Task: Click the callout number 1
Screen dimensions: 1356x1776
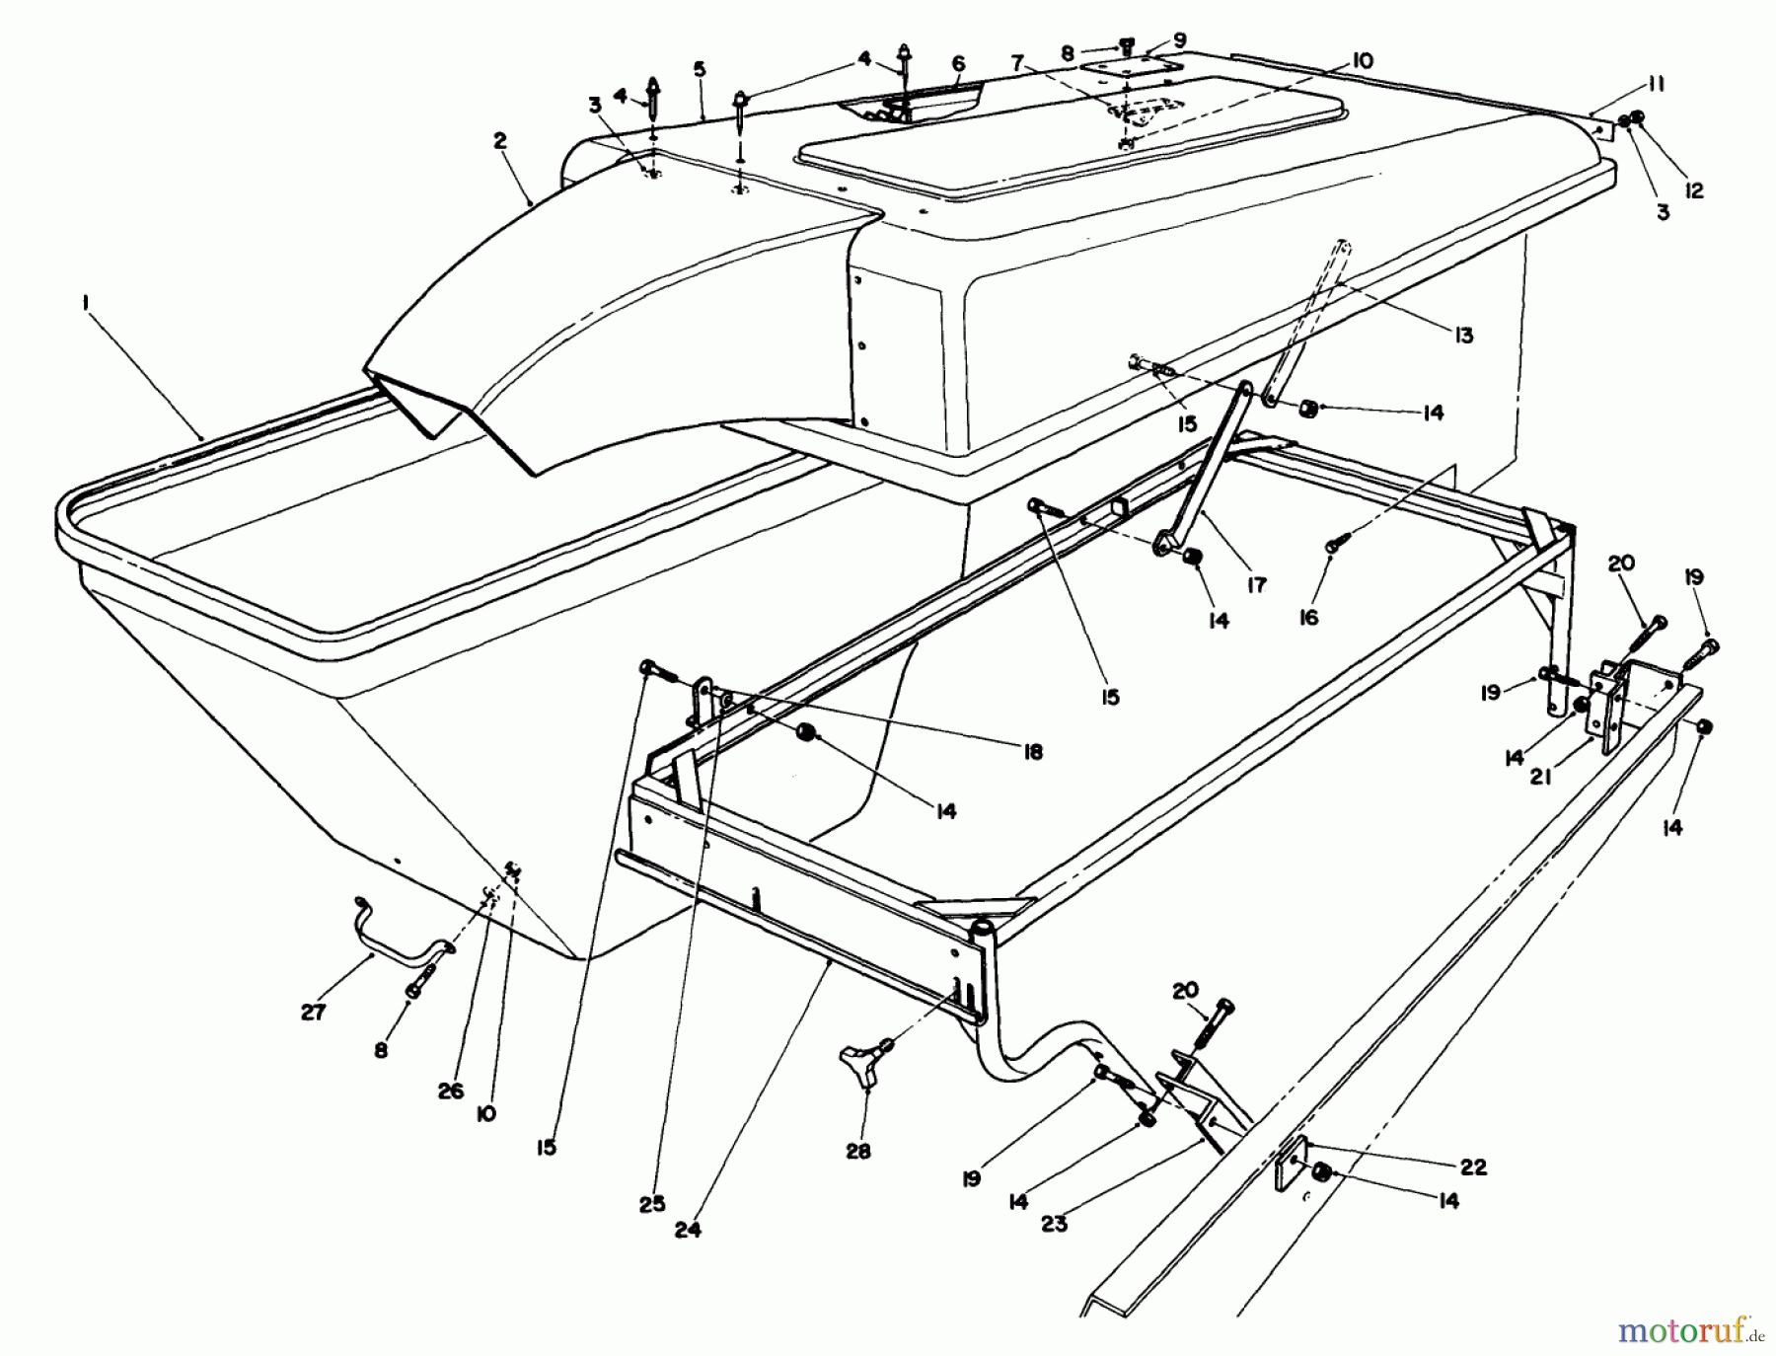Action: pyautogui.click(x=87, y=308)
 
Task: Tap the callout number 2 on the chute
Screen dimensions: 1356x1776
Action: pyautogui.click(x=500, y=141)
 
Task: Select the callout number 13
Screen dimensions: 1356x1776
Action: pyautogui.click(x=1464, y=336)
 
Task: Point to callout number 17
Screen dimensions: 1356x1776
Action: pyautogui.click(x=1255, y=584)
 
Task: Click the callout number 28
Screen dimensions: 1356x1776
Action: pyautogui.click(x=858, y=1151)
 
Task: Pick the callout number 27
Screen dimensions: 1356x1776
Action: pyautogui.click(x=314, y=1013)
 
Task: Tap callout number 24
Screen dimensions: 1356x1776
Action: pyautogui.click(x=688, y=1231)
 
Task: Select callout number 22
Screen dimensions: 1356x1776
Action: pyautogui.click(x=1473, y=1167)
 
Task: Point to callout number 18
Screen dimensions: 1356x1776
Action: pyautogui.click(x=1033, y=752)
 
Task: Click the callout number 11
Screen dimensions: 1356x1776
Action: pyautogui.click(x=1656, y=85)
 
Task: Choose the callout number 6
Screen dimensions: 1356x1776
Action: pyautogui.click(x=957, y=63)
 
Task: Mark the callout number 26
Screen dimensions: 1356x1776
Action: pyautogui.click(x=450, y=1092)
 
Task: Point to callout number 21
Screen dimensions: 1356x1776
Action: pyautogui.click(x=1541, y=777)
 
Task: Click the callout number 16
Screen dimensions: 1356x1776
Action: pyautogui.click(x=1308, y=618)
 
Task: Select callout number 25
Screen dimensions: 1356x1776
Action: pyautogui.click(x=652, y=1204)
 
